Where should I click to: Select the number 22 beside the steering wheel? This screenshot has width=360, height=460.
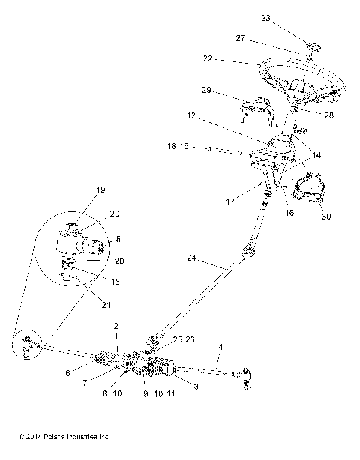207,58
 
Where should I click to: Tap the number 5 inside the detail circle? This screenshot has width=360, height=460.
117,240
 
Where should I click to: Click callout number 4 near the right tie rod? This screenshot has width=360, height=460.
220,347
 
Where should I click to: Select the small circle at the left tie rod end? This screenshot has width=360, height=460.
28,344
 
